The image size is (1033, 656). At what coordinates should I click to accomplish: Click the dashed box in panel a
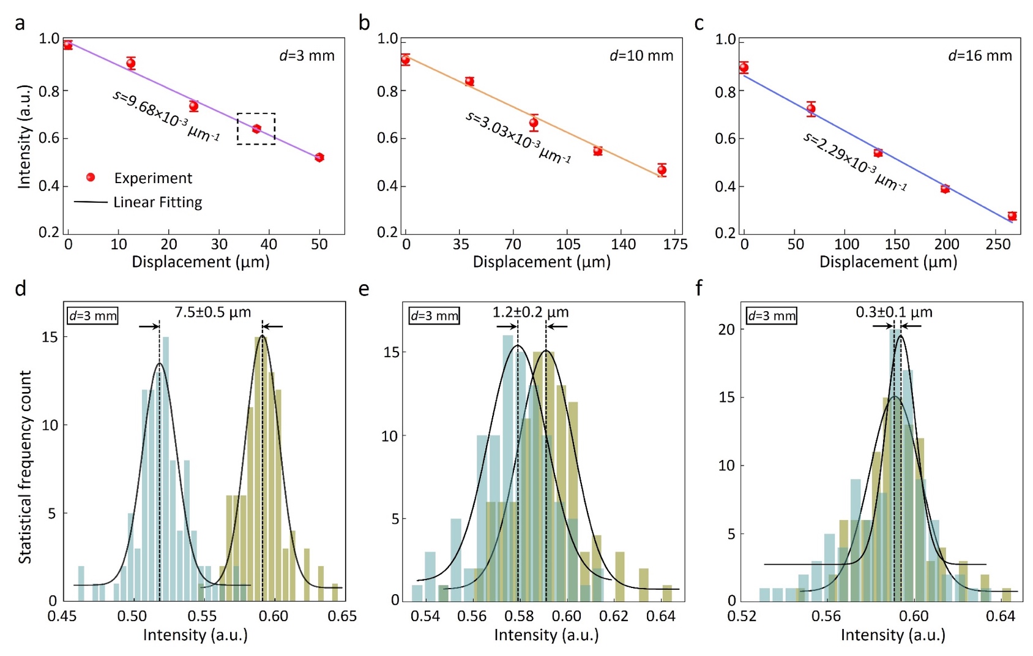click(x=256, y=129)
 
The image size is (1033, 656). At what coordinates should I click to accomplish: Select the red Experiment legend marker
click(x=91, y=178)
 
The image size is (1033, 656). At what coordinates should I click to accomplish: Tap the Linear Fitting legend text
click(x=157, y=202)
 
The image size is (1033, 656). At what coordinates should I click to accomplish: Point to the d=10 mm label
click(x=641, y=56)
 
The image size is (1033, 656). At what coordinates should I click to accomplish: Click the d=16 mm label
click(x=980, y=56)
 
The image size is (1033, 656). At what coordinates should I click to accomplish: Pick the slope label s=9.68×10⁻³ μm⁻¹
click(x=165, y=116)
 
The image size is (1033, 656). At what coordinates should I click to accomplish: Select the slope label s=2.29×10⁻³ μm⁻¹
click(x=854, y=162)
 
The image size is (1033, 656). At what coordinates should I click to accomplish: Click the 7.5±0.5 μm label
click(x=212, y=312)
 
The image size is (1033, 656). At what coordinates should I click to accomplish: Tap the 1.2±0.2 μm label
click(x=530, y=312)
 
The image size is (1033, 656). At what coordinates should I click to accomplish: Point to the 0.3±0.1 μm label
click(x=893, y=312)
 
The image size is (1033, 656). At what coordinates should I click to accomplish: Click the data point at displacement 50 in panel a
click(x=319, y=157)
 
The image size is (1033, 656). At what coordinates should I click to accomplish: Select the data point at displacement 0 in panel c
click(x=744, y=68)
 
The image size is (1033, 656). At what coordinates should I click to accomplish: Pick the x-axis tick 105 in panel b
click(x=568, y=244)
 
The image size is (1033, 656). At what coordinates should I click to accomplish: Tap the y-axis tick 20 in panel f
click(x=726, y=330)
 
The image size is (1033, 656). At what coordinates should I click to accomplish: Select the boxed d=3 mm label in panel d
click(x=92, y=316)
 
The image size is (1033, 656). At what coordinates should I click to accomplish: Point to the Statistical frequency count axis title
click(x=24, y=467)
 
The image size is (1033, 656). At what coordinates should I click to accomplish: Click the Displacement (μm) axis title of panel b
click(x=542, y=262)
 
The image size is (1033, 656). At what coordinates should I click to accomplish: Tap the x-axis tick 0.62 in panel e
click(x=614, y=616)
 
